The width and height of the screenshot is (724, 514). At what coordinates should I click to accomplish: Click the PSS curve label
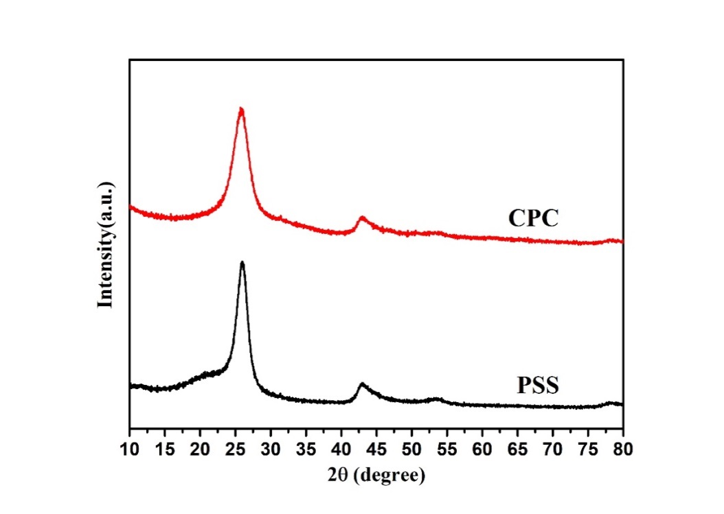(538, 385)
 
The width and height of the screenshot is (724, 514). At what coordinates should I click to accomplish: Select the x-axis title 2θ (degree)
(376, 474)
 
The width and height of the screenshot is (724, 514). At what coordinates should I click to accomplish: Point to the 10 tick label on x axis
(130, 449)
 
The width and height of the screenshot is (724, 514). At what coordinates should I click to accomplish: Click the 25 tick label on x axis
(236, 449)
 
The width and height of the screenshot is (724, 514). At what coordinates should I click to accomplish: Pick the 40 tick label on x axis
(341, 449)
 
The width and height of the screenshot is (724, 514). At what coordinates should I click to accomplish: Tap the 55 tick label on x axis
(447, 449)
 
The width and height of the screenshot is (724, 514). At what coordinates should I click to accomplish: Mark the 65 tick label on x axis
(517, 449)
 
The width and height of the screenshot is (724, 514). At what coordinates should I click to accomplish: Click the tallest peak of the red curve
(241, 109)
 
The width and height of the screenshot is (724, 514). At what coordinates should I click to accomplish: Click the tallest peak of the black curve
(242, 262)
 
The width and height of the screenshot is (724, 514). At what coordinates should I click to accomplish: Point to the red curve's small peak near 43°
(363, 218)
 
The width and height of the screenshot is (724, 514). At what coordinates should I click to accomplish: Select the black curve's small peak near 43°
(362, 384)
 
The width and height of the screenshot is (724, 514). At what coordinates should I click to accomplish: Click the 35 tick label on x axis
(306, 449)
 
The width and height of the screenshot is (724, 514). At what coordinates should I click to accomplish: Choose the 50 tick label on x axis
(411, 449)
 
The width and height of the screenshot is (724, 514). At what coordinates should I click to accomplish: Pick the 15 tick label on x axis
(165, 449)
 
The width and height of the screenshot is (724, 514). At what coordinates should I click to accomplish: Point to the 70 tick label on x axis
(552, 449)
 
